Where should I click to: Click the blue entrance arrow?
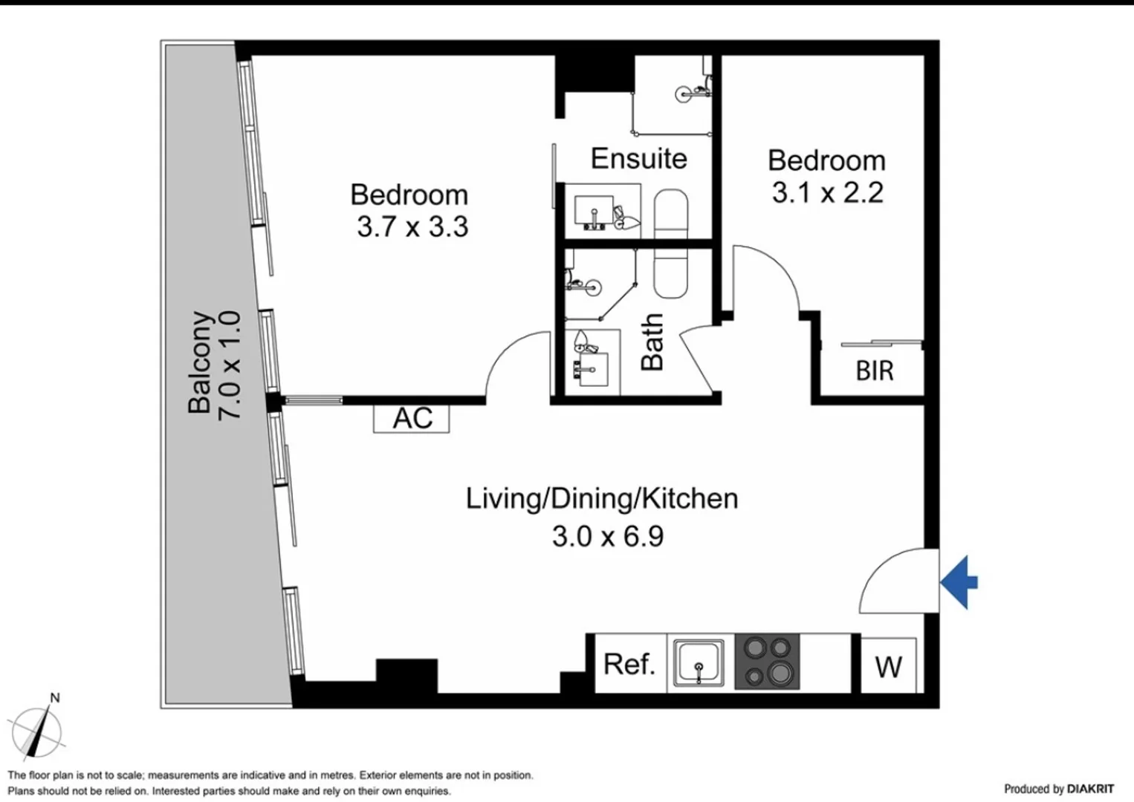(x=960, y=582)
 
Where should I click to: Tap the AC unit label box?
(x=412, y=418)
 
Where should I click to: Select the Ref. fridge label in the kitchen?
(x=629, y=663)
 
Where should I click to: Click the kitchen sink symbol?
(x=699, y=663)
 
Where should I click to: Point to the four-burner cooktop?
(x=767, y=662)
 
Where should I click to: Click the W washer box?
(x=888, y=666)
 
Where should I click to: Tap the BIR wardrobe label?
(x=874, y=370)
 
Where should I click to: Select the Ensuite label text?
(x=638, y=158)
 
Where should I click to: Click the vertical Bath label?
(x=652, y=342)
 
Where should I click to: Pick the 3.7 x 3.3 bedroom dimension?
(x=412, y=226)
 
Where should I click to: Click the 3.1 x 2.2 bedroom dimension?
(x=827, y=192)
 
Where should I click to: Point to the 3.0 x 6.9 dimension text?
(x=607, y=535)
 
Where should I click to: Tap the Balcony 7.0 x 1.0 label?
(x=214, y=364)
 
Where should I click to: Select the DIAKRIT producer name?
(x=1090, y=789)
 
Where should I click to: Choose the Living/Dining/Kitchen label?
(x=602, y=498)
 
